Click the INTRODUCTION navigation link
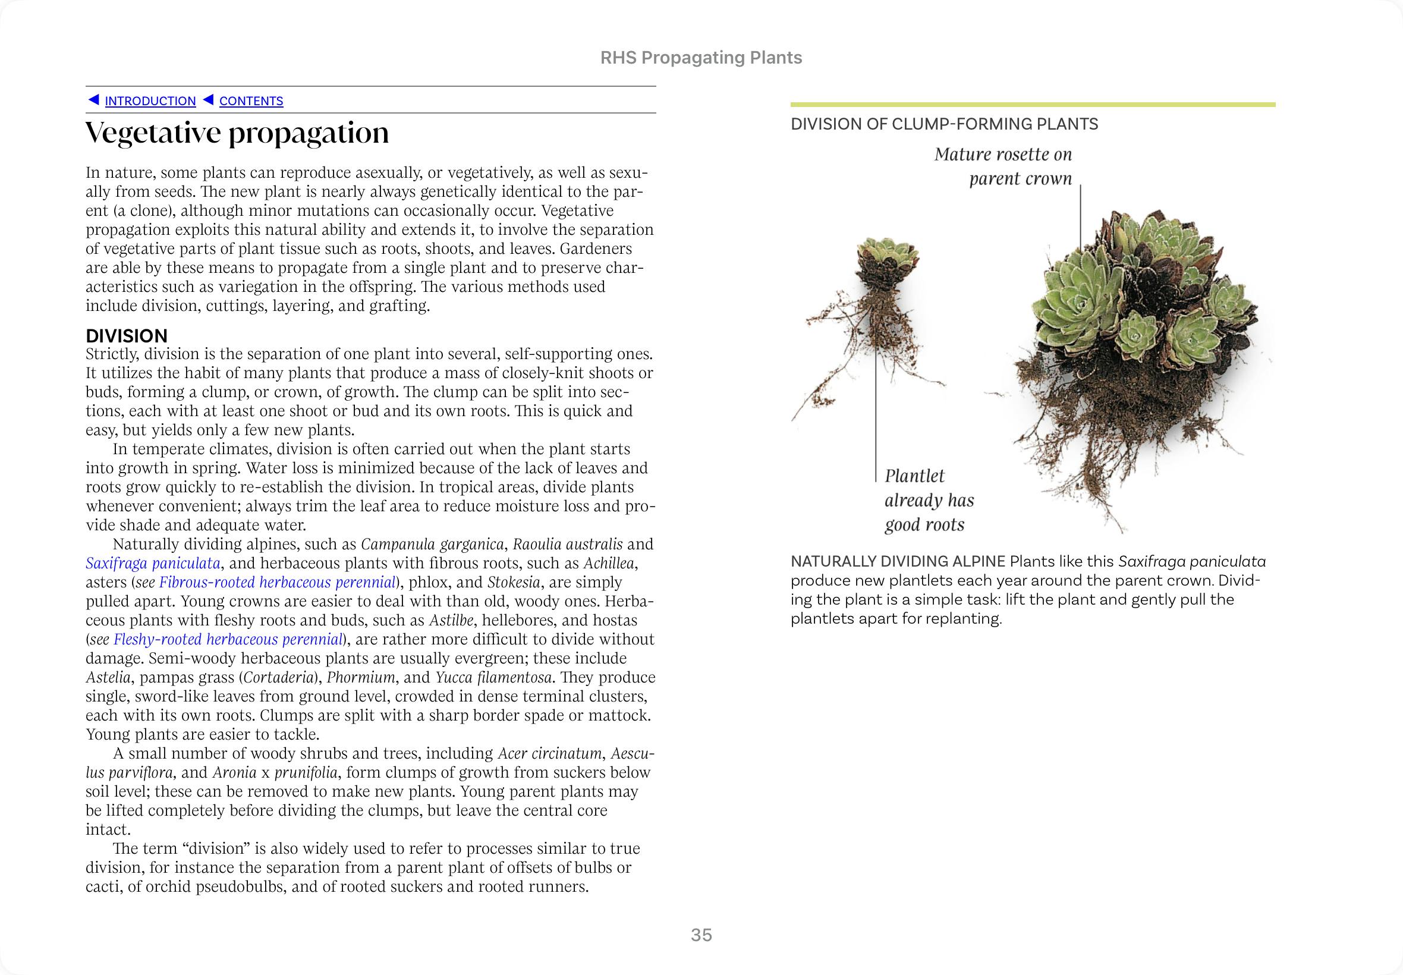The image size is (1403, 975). (150, 101)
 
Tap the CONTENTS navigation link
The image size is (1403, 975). (251, 101)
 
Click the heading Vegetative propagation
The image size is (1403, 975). (237, 133)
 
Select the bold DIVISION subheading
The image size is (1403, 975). (127, 336)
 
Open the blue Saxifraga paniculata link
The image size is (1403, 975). (153, 562)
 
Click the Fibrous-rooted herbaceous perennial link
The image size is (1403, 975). (277, 581)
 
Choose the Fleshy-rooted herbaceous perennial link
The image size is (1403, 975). (228, 639)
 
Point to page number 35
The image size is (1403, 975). (701, 935)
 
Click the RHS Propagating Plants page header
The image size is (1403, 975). (701, 58)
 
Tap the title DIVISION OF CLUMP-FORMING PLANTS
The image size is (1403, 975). (944, 124)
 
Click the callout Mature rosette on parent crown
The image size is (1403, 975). (1003, 166)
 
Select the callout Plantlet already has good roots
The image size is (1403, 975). (929, 501)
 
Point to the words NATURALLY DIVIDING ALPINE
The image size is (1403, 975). (898, 561)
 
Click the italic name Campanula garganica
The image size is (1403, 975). (432, 544)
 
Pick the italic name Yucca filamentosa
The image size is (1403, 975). (493, 677)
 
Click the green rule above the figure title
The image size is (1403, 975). (1032, 105)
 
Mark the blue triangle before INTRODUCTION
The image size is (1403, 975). (93, 99)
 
